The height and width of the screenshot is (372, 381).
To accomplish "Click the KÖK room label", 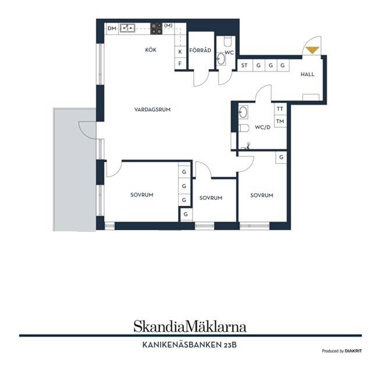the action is tap(151, 50).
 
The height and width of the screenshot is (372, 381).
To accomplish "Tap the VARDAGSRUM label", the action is tap(152, 109).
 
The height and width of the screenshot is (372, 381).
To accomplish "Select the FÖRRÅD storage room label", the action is tap(200, 50).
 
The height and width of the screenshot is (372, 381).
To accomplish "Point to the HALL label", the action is tap(307, 74).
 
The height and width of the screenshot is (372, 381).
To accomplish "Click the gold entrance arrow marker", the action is tap(312, 50).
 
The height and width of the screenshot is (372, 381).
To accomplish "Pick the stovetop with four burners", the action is tap(156, 28).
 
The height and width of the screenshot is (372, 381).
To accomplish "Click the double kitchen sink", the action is tap(127, 28).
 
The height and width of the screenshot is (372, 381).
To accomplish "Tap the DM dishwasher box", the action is tap(112, 28).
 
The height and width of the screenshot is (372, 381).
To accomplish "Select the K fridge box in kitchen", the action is tap(180, 52).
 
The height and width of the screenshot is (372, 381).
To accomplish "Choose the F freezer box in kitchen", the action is tap(180, 63).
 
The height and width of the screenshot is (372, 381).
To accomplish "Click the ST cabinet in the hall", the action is tap(245, 65).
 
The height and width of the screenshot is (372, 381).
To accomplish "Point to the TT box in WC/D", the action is tap(280, 109).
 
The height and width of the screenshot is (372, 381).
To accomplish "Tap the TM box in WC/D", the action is tap(280, 121).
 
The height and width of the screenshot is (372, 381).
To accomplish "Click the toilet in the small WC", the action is tap(227, 41).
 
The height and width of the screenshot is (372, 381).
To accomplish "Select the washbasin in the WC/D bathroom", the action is tap(243, 112).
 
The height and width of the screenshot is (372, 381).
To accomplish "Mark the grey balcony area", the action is tap(74, 170).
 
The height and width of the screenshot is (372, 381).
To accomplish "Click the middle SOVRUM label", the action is tap(211, 198).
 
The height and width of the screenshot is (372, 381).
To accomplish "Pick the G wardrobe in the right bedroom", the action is tap(281, 158).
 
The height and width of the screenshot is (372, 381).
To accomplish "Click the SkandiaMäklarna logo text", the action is tap(190, 326).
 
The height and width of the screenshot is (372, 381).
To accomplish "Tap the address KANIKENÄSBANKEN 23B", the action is tap(189, 345).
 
